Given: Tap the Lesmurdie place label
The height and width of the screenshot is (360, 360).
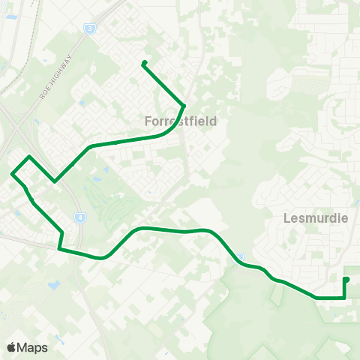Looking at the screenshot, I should (x=316, y=218).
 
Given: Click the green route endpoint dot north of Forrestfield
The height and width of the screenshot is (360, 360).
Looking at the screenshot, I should (x=143, y=63).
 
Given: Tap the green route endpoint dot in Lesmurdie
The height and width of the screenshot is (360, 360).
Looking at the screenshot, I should (x=346, y=280).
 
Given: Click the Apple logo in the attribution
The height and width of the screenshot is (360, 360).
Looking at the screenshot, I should (x=12, y=347).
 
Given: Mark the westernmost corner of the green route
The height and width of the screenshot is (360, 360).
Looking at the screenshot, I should (x=12, y=174).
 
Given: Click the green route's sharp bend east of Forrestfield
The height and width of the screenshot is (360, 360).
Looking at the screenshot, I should (x=184, y=105).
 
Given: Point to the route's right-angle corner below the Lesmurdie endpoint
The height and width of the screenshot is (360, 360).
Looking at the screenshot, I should (x=344, y=298).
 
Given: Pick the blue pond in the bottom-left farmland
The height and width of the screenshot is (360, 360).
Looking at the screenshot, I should (x=53, y=286).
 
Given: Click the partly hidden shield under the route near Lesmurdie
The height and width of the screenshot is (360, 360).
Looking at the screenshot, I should (x=241, y=258).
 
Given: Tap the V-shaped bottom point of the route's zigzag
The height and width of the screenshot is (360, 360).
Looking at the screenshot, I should (x=54, y=181).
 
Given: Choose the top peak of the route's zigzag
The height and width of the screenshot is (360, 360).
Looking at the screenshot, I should (x=29, y=157).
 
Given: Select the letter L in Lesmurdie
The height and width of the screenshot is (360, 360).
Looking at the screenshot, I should (x=288, y=218).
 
